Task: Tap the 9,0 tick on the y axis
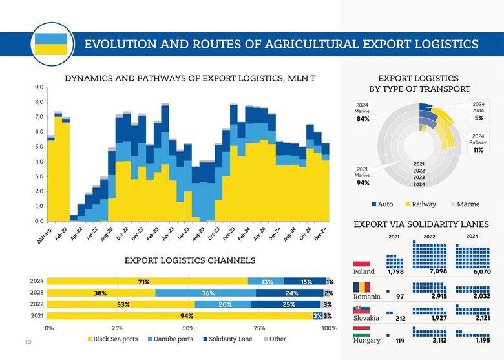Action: (40, 87)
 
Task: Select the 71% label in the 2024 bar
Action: (143, 282)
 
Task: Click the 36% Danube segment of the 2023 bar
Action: (208, 293)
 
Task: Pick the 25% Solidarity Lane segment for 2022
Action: (289, 304)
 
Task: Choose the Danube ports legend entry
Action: (170, 339)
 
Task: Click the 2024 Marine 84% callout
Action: (362, 112)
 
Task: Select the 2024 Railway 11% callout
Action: (478, 143)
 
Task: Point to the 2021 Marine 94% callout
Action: (362, 176)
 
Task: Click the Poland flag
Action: (361, 264)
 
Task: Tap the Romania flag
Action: (361, 288)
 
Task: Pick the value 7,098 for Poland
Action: (438, 272)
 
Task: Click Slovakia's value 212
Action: (400, 319)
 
